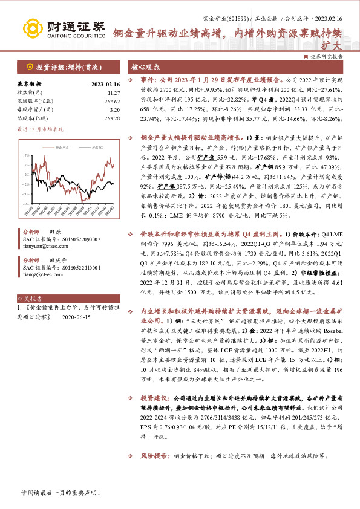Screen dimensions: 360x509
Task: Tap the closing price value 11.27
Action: click(113, 92)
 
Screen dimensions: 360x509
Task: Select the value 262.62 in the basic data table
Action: click(112, 102)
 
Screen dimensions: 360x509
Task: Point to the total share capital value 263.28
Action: click(112, 118)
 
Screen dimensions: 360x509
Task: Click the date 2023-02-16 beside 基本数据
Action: click(105, 84)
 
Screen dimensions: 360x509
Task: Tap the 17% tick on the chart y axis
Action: click(27, 155)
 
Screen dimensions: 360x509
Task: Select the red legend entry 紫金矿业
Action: click(61, 147)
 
